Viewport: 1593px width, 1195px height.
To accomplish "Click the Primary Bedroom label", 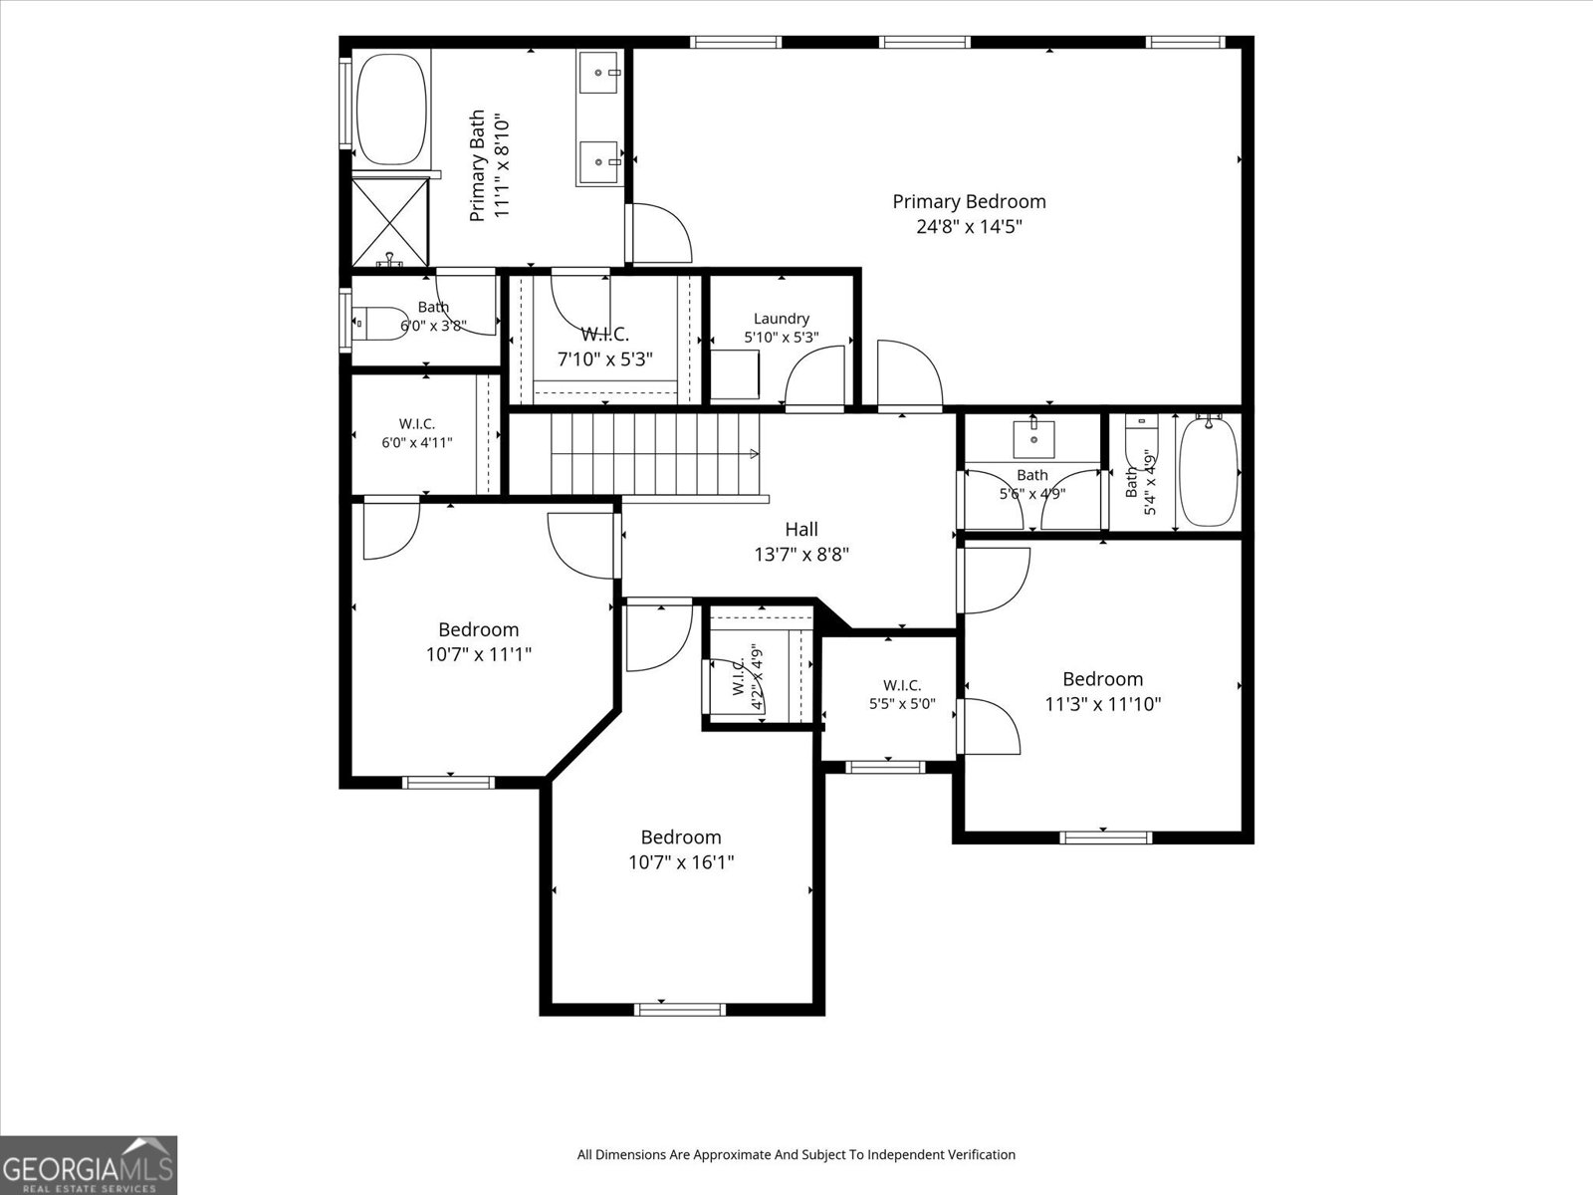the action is [x=969, y=202].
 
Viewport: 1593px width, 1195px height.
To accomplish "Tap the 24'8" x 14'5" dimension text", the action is [x=969, y=227].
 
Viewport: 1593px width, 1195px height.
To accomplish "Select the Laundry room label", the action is [x=781, y=319].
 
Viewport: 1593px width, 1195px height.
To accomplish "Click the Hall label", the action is [x=801, y=530].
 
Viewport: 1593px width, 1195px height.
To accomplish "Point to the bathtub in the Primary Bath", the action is [x=392, y=110].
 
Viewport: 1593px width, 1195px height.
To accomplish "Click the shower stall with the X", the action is [x=390, y=223].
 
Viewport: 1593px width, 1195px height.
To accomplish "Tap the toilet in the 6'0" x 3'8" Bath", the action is [x=380, y=324].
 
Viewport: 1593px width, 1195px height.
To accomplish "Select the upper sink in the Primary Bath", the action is [x=598, y=73].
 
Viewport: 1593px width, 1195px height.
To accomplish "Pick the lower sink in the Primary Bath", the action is [x=598, y=162].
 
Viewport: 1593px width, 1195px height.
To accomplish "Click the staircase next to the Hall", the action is [x=655, y=453].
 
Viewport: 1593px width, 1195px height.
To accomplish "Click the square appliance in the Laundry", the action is [x=735, y=374].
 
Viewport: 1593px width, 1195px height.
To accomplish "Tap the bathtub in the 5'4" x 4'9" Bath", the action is [x=1209, y=472].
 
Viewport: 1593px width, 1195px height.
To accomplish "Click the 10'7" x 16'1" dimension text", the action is [x=681, y=862].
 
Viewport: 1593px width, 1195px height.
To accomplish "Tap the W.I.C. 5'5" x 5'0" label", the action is [x=902, y=694].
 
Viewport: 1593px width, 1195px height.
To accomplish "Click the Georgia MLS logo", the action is [x=89, y=1165].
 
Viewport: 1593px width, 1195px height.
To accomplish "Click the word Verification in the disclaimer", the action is [x=980, y=1154].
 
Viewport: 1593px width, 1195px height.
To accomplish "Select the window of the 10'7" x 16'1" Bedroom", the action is [x=680, y=1009].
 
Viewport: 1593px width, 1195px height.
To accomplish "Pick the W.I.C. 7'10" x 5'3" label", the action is [x=604, y=347].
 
